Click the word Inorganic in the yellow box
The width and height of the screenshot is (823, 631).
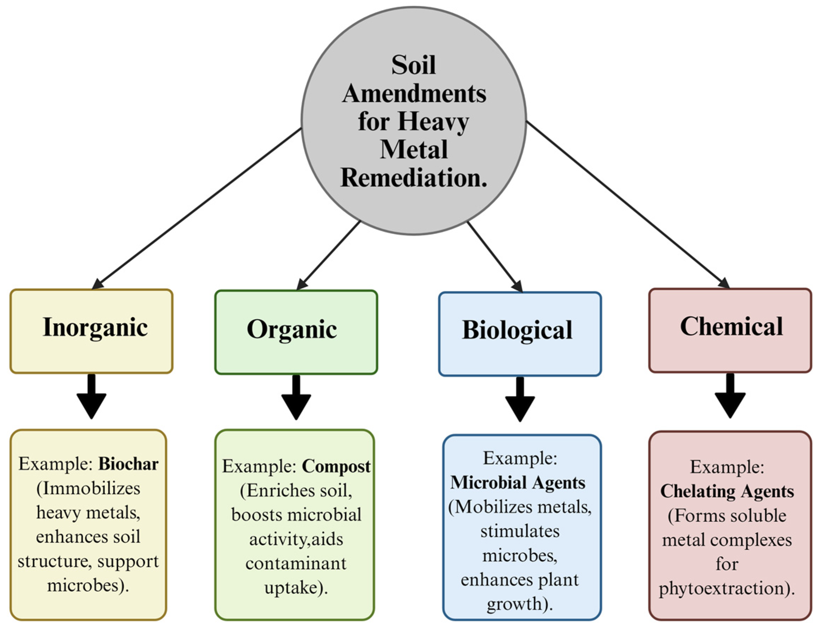click(x=95, y=328)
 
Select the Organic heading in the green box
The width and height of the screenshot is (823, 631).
click(x=292, y=329)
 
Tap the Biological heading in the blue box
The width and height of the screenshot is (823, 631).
click(x=517, y=330)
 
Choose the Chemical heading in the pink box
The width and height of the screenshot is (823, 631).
click(x=731, y=326)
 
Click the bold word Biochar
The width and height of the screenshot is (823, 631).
click(x=128, y=464)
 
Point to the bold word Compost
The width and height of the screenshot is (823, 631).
click(x=336, y=466)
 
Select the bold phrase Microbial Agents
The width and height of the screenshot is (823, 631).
click(x=518, y=483)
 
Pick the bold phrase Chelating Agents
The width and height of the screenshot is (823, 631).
click(x=727, y=491)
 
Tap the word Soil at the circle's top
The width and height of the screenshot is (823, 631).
click(x=413, y=65)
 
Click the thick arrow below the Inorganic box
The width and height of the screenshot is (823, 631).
click(x=91, y=396)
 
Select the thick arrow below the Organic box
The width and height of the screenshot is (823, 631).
click(x=296, y=397)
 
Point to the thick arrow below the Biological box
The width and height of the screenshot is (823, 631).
click(x=520, y=399)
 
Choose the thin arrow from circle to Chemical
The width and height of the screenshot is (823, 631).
click(x=627, y=205)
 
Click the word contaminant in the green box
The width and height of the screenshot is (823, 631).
click(x=296, y=563)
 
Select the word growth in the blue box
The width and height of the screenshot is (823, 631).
click(x=514, y=604)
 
